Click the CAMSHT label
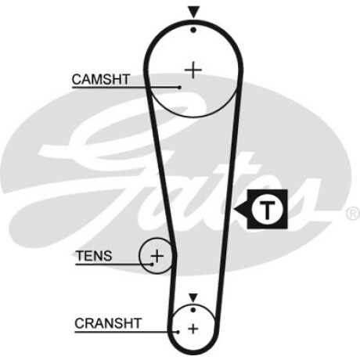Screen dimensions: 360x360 [x=101, y=79]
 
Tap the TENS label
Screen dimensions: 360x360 [x=94, y=256]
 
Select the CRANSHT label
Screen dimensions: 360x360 [x=108, y=323]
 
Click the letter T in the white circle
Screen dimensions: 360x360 [x=267, y=210]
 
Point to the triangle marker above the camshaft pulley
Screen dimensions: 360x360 [x=193, y=13]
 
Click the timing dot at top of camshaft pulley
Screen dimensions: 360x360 [x=193, y=30]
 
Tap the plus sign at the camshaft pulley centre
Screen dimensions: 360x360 [x=193, y=70]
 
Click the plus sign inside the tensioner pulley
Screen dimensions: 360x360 [x=157, y=256]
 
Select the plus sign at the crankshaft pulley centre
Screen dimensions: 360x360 [x=193, y=329]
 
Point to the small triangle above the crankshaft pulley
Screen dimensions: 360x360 [x=193, y=297]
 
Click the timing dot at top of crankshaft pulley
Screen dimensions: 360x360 [x=193, y=310]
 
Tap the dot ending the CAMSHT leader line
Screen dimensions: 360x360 [x=179, y=88]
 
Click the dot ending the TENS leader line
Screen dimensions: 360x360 [x=152, y=265]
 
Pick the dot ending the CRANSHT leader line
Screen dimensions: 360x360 [x=178, y=332]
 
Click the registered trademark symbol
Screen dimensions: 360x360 [x=353, y=214]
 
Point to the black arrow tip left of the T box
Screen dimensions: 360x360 [x=234, y=209]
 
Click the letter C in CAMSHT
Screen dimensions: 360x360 [x=77, y=79]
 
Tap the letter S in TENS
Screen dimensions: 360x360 [x=108, y=256]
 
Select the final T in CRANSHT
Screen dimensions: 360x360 [x=137, y=323]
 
